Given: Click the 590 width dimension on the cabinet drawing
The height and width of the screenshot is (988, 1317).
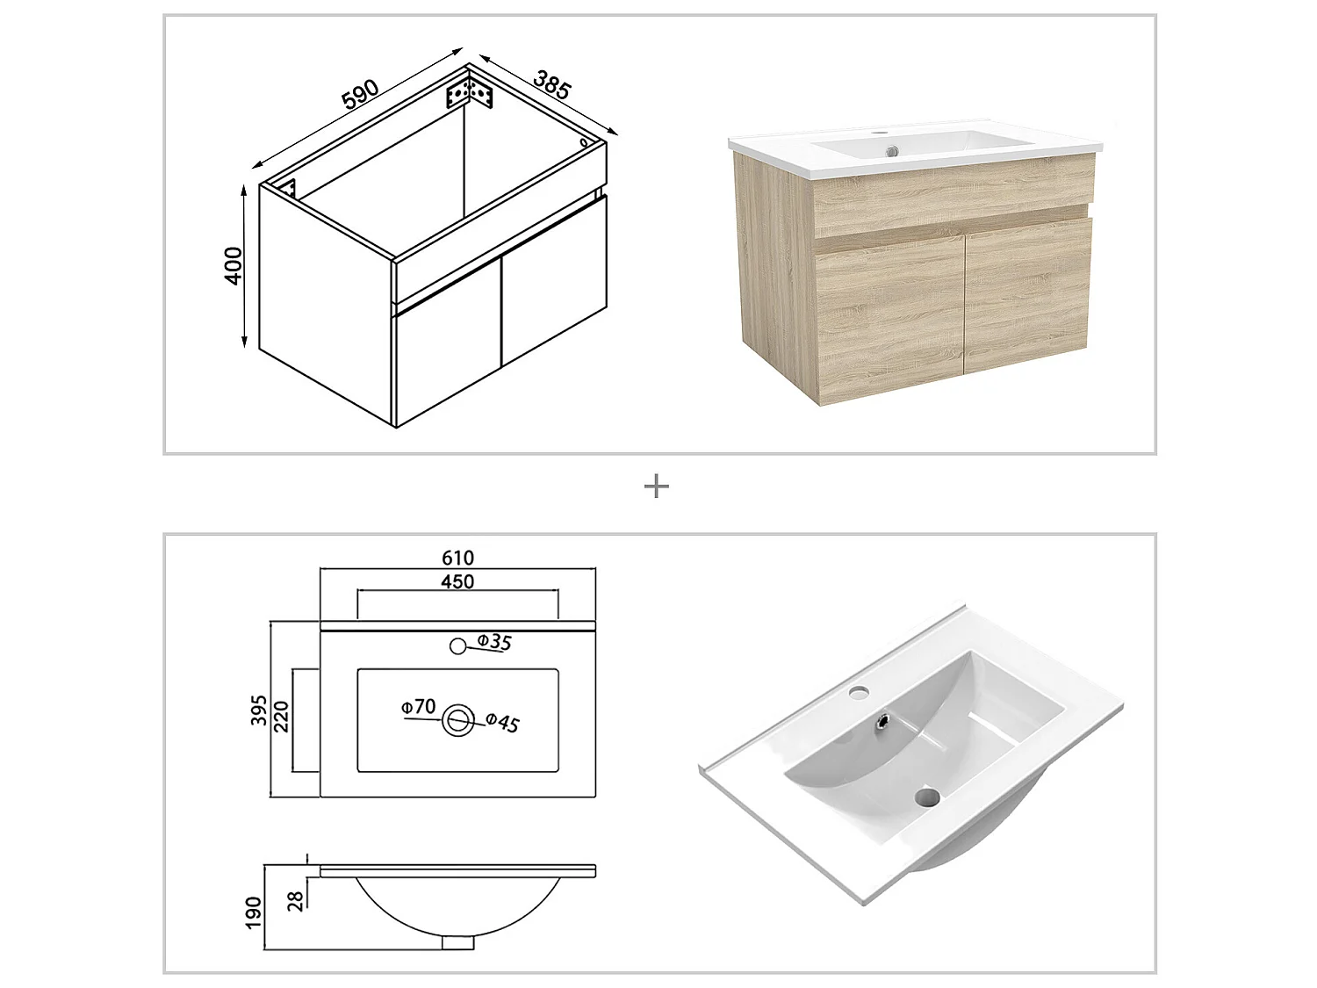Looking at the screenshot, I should click(x=360, y=94).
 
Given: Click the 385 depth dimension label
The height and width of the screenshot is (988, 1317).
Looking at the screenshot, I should click(x=552, y=83).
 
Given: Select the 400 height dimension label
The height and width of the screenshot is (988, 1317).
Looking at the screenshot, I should click(x=234, y=265).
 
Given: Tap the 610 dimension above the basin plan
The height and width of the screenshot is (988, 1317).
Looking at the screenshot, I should click(x=457, y=558).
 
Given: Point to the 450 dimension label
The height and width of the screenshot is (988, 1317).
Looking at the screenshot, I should click(x=457, y=581).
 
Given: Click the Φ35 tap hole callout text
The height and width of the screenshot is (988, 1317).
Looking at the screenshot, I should click(x=494, y=642).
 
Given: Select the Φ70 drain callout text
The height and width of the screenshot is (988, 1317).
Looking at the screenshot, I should click(x=418, y=707).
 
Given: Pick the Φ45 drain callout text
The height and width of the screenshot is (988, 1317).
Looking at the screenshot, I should click(x=502, y=723).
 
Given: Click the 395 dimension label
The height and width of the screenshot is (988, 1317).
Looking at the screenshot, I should click(x=259, y=710).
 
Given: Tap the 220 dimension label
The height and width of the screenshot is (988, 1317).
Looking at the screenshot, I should click(x=282, y=717).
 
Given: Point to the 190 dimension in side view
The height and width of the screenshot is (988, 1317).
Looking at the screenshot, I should click(x=255, y=912).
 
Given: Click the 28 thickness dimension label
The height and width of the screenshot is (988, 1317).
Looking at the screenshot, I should click(x=296, y=900).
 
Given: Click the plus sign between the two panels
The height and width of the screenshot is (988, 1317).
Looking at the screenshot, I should click(x=657, y=487).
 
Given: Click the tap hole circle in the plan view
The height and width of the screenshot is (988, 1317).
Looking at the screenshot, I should click(x=457, y=646).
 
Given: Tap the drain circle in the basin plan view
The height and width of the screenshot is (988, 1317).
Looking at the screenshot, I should click(x=457, y=720).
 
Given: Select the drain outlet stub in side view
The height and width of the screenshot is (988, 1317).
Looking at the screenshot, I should click(x=457, y=942).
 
